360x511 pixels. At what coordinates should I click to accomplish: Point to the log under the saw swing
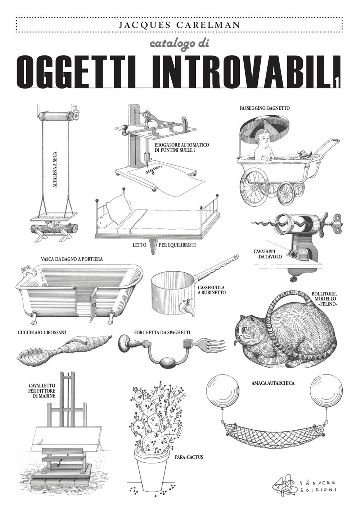(54, 229)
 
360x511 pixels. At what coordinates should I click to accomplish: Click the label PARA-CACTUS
(189, 457)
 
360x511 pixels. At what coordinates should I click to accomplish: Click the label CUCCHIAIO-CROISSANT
(42, 333)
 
